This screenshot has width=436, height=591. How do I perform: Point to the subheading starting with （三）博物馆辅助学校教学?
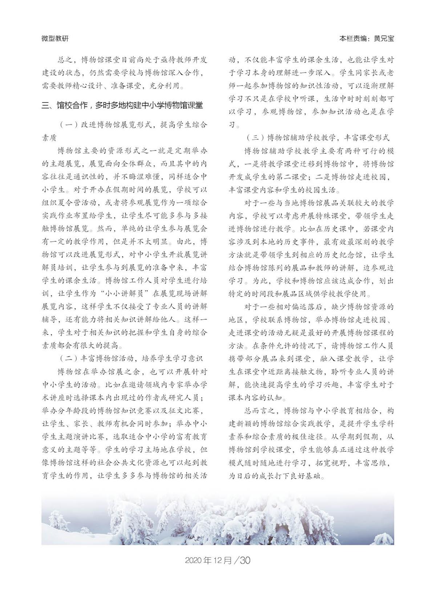tap(317, 138)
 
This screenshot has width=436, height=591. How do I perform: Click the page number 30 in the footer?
tap(245, 560)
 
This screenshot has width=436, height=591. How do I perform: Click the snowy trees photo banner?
tap(218, 519)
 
